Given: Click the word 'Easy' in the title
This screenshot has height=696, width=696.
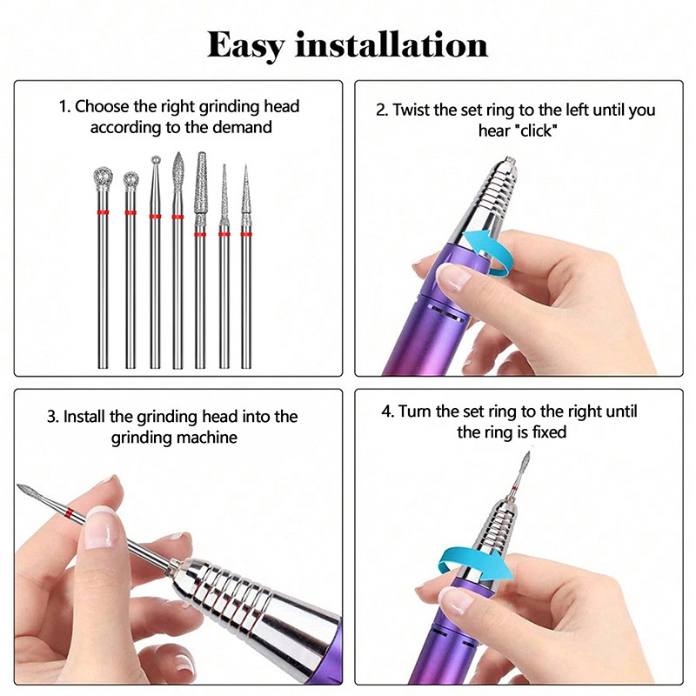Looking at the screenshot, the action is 245,46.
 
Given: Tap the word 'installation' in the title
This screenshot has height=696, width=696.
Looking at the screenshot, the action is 391,44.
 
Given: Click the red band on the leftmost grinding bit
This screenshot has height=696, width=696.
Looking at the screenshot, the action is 103,212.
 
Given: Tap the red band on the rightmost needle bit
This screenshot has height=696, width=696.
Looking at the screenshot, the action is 246,234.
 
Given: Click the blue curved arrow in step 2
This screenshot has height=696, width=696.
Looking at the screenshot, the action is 487,250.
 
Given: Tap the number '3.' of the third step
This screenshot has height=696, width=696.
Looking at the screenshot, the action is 53,418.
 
